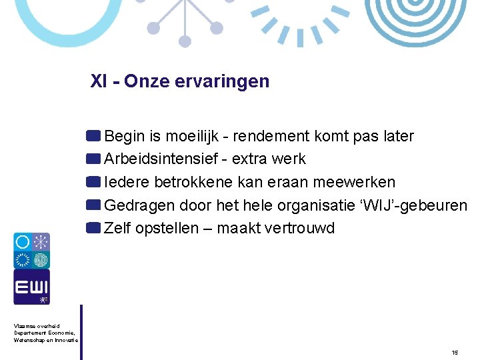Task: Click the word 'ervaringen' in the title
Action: click(230, 82)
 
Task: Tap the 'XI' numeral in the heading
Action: click(99, 81)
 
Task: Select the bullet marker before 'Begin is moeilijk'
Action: click(93, 136)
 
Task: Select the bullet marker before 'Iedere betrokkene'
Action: click(93, 181)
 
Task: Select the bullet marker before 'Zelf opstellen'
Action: click(93, 228)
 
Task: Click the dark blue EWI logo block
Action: click(31, 287)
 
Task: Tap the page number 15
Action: click(454, 352)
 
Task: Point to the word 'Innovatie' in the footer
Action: click(65, 340)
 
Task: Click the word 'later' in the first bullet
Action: click(398, 137)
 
